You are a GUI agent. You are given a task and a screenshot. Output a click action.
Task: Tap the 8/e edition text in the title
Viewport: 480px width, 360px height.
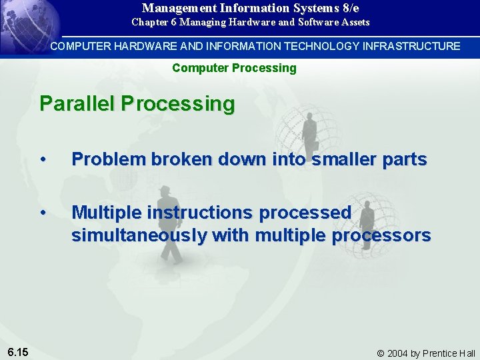(x=347, y=9)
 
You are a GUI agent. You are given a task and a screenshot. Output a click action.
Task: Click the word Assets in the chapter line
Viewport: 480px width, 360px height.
(x=355, y=23)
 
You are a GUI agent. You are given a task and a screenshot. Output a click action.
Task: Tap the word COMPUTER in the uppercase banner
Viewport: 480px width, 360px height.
(x=76, y=46)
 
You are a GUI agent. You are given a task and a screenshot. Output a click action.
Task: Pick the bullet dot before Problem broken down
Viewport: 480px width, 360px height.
(x=43, y=160)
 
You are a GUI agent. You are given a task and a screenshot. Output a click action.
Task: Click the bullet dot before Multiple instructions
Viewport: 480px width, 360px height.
(x=43, y=213)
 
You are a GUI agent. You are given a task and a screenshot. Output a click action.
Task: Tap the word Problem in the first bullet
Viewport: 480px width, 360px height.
(x=109, y=159)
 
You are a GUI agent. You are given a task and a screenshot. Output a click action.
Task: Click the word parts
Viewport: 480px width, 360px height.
(x=405, y=159)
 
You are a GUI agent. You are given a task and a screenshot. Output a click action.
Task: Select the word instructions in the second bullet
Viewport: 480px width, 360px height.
(x=198, y=213)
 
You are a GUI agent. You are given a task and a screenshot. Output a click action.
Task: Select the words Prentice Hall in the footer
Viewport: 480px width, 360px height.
(x=453, y=353)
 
